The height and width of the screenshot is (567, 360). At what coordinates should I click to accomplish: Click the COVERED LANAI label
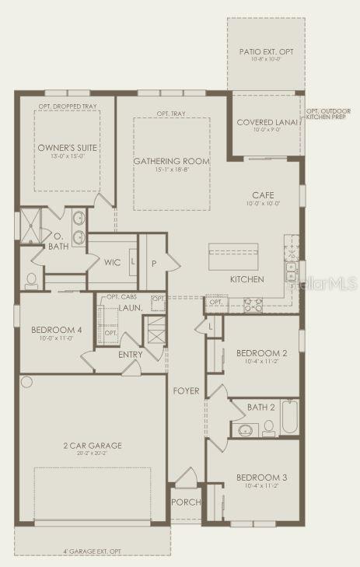[268, 122]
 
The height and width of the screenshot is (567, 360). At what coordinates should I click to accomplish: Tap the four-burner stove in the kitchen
[254, 304]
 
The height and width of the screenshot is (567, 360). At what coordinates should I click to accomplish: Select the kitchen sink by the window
[292, 271]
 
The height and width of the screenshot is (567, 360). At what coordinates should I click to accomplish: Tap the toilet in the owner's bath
[32, 279]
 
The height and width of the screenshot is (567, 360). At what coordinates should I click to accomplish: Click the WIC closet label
[112, 263]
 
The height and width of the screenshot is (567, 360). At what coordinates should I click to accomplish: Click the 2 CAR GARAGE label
[93, 446]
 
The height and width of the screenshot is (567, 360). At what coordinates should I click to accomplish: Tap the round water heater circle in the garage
[28, 382]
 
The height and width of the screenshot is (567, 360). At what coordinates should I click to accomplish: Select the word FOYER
[187, 390]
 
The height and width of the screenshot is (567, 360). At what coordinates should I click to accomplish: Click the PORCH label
[186, 502]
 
